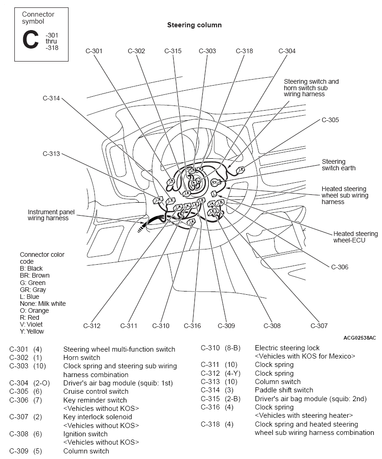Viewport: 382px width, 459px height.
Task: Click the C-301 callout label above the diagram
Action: (x=94, y=51)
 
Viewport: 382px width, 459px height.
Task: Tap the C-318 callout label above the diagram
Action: (x=244, y=51)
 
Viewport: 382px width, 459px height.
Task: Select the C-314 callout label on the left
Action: (x=51, y=98)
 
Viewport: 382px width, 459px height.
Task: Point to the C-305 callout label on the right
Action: (x=330, y=120)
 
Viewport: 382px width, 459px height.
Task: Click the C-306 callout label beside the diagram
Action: (x=339, y=267)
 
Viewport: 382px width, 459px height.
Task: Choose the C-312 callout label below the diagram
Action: (x=92, y=326)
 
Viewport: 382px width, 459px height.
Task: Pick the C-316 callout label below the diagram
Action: (x=192, y=326)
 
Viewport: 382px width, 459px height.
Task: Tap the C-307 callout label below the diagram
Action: (x=319, y=326)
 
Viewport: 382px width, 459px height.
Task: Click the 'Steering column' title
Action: (x=194, y=25)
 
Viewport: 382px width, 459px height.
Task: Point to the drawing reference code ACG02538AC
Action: (x=360, y=338)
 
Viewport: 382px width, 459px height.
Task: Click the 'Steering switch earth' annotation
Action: (x=338, y=165)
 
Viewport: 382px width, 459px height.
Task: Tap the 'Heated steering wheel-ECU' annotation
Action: (x=356, y=237)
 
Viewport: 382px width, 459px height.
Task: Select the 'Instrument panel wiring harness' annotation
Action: (x=51, y=215)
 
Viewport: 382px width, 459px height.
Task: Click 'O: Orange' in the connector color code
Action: (x=34, y=310)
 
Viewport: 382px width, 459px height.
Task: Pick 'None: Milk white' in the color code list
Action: (x=43, y=304)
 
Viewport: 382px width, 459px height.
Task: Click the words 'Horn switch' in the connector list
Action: (x=82, y=358)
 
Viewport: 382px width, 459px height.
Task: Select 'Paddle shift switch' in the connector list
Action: (x=284, y=390)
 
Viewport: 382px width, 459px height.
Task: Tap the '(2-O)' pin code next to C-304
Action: (x=42, y=383)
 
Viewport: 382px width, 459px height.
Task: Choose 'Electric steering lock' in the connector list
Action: (x=287, y=348)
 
